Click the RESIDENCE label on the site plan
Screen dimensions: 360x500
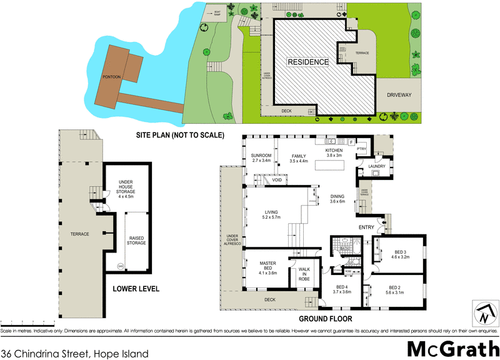pos(307,62)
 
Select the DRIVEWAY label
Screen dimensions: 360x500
pos(402,96)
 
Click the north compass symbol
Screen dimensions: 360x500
pos(483,312)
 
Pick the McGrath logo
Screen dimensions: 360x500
pos(449,348)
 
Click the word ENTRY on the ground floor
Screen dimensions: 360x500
pos(366,227)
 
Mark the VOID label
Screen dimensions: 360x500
pos(276,181)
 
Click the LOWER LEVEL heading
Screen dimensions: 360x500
pos(136,289)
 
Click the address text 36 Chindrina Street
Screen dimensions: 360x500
pos(75,353)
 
